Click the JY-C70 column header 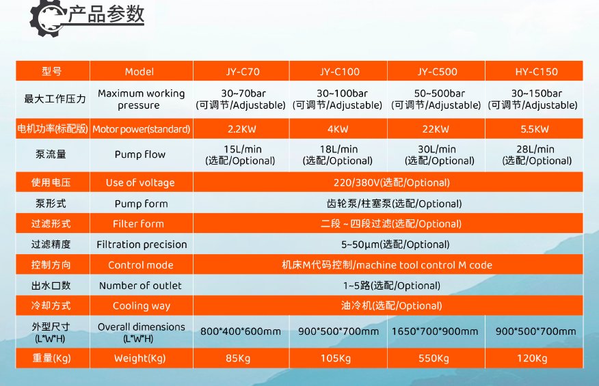pyautogui.click(x=243, y=72)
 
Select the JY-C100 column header pyautogui.click(x=340, y=72)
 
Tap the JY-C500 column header pyautogui.click(x=437, y=72)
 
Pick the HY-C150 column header pyautogui.click(x=536, y=72)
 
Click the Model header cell pyautogui.click(x=139, y=72)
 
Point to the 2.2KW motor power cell pyautogui.click(x=242, y=129)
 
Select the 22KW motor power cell pyautogui.click(x=436, y=129)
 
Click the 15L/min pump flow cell pyautogui.click(x=240, y=154)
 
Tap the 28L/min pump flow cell pyautogui.click(x=537, y=154)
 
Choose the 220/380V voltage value pyautogui.click(x=392, y=182)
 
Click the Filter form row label pyautogui.click(x=138, y=223)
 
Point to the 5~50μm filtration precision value pyautogui.click(x=395, y=245)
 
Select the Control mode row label pyautogui.click(x=141, y=265)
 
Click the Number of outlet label pyautogui.click(x=140, y=286)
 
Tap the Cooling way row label pyautogui.click(x=142, y=306)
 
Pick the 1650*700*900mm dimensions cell pyautogui.click(x=435, y=331)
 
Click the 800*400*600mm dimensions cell pyautogui.click(x=241, y=331)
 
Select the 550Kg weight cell pyautogui.click(x=434, y=359)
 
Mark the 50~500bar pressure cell pyautogui.click(x=436, y=99)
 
